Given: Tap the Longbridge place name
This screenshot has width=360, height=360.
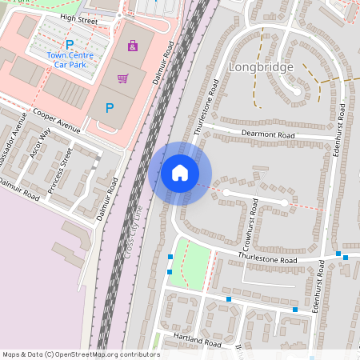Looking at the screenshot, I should click(261, 67).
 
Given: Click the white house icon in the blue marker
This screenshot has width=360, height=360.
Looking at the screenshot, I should click(180, 173).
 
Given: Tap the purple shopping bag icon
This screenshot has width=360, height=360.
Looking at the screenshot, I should click(133, 46).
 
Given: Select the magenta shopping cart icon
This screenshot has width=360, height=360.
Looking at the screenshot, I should click(122, 78).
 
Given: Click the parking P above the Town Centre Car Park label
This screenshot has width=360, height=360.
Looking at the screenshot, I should click(70, 45).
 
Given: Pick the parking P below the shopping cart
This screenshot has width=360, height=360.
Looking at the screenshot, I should click(110, 107).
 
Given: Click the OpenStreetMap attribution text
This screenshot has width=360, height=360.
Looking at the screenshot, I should click(81, 354).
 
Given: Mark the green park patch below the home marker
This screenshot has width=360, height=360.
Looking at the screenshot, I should click(193, 264).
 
